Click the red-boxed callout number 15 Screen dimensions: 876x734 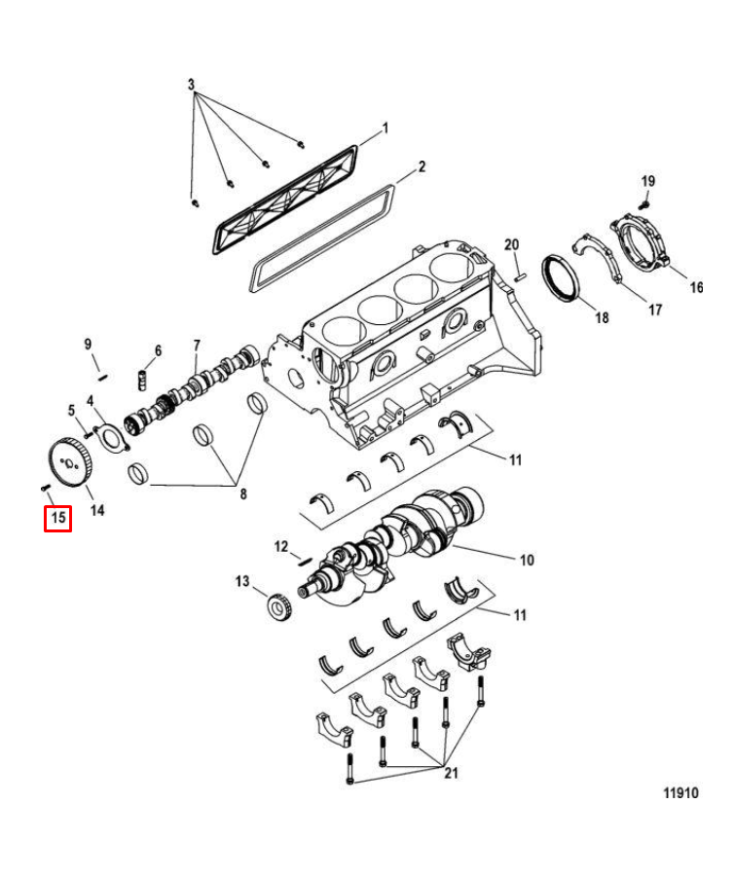pos(58,519)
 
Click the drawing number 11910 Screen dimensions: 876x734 pos(681,793)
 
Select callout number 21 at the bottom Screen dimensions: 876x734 pos(450,774)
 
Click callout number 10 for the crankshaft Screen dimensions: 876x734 pos(526,560)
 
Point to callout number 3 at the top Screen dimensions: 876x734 pos(192,85)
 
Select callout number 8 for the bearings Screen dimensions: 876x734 pos(242,493)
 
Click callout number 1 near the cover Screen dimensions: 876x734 pos(385,128)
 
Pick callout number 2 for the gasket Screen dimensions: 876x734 pos(422,166)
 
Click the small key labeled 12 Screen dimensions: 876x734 pos(303,558)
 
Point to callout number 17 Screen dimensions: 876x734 pos(655,310)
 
